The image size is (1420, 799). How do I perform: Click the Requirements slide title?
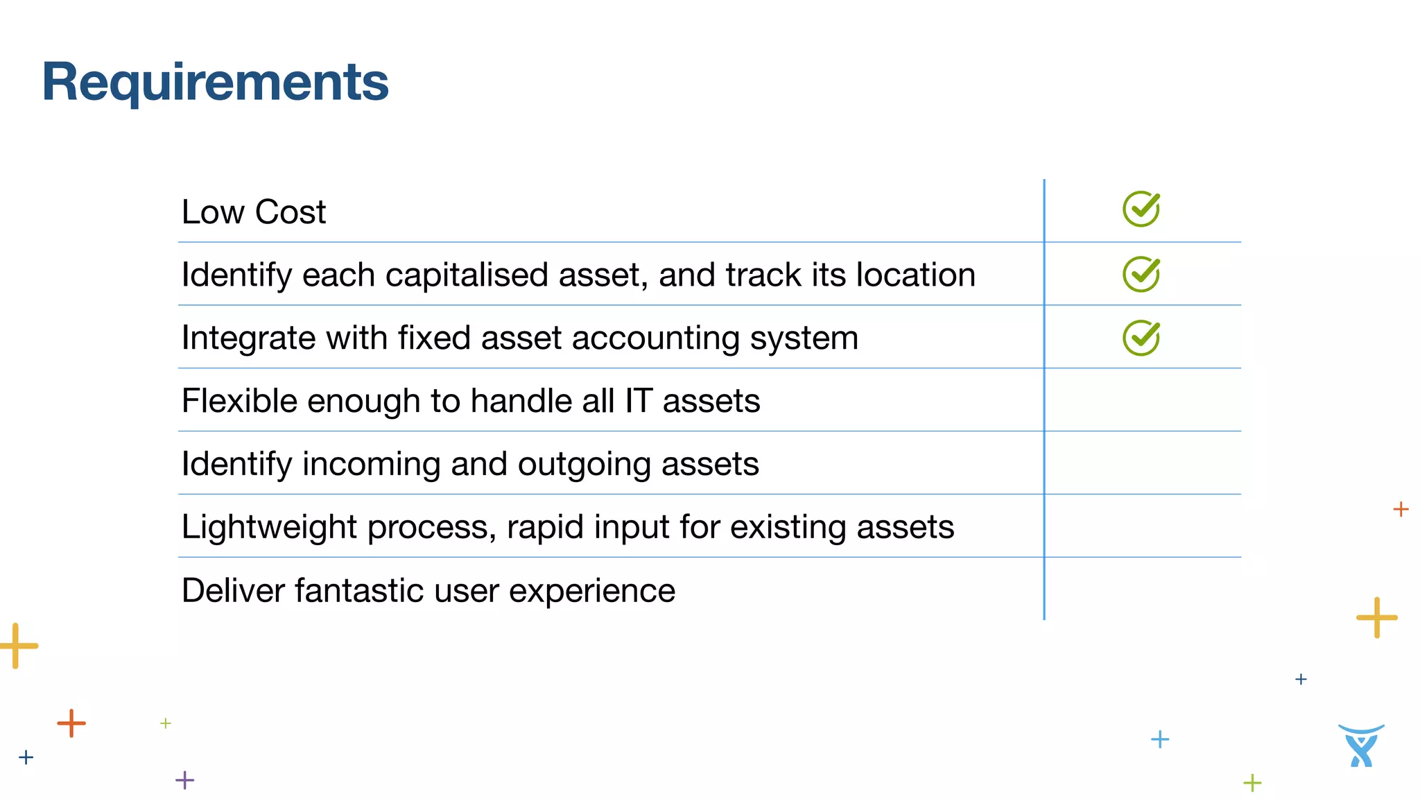(215, 83)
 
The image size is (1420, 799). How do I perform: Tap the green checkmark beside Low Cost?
(1141, 209)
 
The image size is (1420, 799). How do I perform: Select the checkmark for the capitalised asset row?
(1141, 274)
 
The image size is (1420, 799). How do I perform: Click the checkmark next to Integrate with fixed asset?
(1141, 338)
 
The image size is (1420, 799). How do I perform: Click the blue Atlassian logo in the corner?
(1361, 746)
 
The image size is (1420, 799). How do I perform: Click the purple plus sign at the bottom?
(184, 780)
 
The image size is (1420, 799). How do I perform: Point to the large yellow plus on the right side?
(1376, 617)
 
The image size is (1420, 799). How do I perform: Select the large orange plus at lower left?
(71, 723)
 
